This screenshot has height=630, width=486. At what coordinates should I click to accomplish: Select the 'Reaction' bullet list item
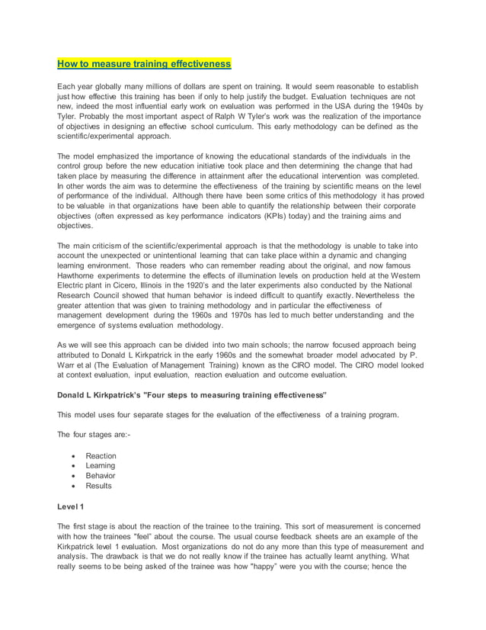pos(101,456)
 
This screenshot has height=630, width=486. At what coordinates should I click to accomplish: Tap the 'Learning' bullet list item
pos(101,466)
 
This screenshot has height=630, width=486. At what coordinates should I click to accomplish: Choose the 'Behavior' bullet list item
pos(101,476)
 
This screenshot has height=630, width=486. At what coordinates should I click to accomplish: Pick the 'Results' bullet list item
pos(99,486)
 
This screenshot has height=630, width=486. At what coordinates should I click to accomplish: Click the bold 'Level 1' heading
pos(72,506)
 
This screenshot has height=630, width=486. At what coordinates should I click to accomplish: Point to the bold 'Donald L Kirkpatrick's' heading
pos(107,395)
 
